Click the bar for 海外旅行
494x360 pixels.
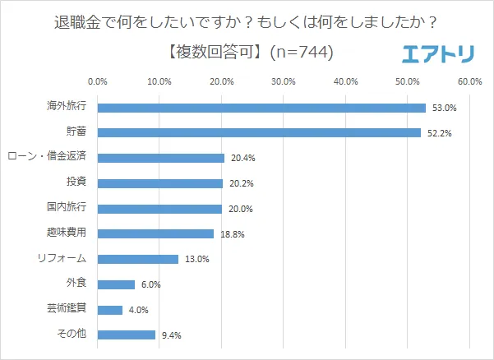click(261, 108)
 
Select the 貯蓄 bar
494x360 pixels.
click(259, 132)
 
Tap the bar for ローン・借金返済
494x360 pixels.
click(160, 158)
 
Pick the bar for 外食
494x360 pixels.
click(116, 284)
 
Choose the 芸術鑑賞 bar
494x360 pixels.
click(110, 310)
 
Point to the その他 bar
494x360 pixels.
click(127, 335)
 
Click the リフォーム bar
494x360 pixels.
click(138, 259)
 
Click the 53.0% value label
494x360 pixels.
click(445, 108)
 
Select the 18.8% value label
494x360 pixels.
click(233, 234)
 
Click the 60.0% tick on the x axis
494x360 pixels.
click(469, 81)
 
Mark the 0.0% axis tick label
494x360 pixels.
click(97, 81)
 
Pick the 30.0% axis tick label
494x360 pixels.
click(284, 81)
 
